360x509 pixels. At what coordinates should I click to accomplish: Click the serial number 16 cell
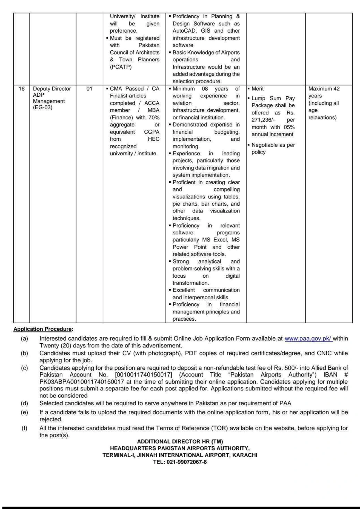(22, 89)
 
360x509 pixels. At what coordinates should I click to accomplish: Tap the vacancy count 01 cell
(89, 89)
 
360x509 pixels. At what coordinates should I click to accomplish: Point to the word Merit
(258, 89)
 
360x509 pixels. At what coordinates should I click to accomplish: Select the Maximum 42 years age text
(324, 92)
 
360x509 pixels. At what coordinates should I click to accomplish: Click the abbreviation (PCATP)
(121, 67)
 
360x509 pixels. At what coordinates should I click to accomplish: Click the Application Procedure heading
(43, 329)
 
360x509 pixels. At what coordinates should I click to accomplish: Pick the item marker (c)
(24, 368)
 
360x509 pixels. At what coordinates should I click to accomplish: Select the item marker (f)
(24, 428)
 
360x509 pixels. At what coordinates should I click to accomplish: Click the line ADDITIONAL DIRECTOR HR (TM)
(180, 441)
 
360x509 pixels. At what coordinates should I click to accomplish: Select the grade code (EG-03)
(43, 107)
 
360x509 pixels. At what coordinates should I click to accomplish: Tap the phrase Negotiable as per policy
(273, 148)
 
